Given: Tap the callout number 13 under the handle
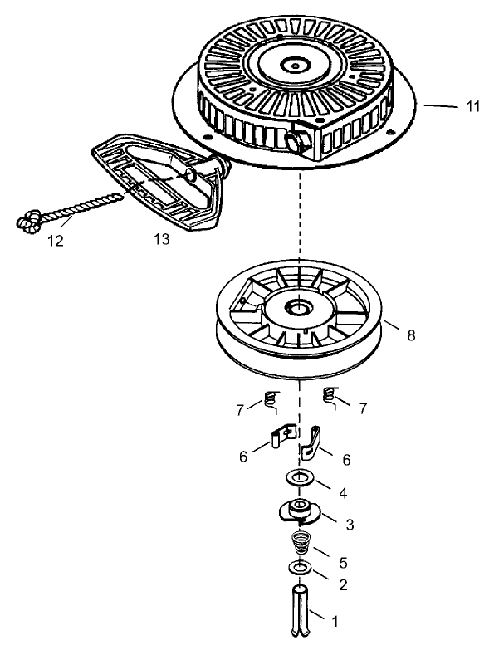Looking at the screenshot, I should [162, 240].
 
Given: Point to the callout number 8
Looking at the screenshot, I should [412, 335].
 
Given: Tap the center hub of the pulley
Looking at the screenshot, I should [296, 308].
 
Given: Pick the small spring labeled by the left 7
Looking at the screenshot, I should [269, 399].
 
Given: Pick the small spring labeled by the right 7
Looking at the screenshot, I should [330, 397].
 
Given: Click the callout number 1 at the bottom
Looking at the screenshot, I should [335, 620].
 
